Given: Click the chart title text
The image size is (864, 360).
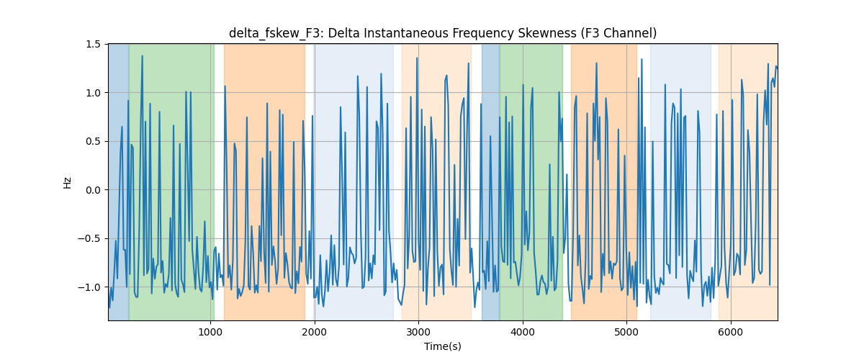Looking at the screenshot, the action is (442, 34).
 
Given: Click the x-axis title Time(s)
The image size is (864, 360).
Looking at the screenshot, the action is (442, 346).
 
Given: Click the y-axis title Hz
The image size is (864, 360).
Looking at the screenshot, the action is (68, 183).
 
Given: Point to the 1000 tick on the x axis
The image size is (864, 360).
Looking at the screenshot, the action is (210, 332).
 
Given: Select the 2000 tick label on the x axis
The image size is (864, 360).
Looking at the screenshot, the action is (315, 332).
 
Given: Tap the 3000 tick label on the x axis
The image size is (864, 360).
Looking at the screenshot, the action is (418, 332).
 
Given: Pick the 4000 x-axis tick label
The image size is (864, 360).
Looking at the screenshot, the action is (523, 332).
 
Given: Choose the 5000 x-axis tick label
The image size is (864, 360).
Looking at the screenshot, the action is (627, 332).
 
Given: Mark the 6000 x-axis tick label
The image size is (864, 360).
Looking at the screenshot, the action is (731, 332).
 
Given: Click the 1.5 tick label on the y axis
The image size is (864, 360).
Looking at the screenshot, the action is (93, 45).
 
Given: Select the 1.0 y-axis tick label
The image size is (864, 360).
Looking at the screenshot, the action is (93, 93).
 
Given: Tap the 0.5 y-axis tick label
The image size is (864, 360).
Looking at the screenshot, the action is (93, 142).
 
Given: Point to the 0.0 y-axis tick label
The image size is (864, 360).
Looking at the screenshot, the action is (93, 190).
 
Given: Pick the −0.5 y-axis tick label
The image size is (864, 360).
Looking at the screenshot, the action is (89, 239).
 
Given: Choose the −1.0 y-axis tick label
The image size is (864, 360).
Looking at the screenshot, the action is (89, 287).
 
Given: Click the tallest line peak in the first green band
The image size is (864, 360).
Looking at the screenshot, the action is (143, 56).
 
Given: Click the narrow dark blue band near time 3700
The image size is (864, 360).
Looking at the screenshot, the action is (490, 182).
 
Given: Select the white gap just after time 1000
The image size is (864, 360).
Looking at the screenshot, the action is (219, 182).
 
